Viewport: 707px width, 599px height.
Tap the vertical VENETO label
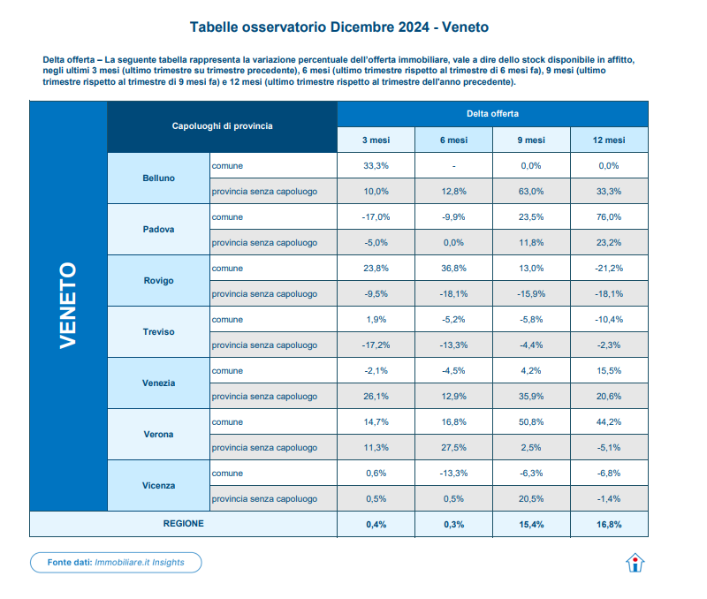click(68, 306)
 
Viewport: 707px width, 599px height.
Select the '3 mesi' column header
click(376, 140)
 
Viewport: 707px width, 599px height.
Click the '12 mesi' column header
click(609, 140)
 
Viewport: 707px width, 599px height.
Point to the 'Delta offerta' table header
click(492, 114)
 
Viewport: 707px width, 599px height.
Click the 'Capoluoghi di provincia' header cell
click(222, 126)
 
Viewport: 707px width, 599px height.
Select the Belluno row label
click(158, 178)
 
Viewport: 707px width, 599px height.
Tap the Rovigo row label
click(158, 280)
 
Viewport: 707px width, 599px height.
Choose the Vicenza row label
click(158, 485)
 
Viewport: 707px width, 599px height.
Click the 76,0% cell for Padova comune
click(609, 216)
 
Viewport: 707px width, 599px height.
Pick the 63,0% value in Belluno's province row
click(530, 191)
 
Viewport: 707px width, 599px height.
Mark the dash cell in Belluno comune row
click(453, 165)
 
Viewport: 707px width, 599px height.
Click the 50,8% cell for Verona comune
click(530, 421)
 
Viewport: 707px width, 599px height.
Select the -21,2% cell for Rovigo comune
click(609, 268)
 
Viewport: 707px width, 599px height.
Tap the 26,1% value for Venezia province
click(376, 396)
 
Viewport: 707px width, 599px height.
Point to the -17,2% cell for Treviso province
click(376, 345)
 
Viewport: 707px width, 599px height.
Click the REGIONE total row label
click(183, 524)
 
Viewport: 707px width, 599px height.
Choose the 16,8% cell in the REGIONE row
click(609, 524)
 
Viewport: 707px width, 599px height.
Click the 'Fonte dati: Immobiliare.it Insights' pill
click(116, 562)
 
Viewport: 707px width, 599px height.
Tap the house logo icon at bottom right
click(635, 563)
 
